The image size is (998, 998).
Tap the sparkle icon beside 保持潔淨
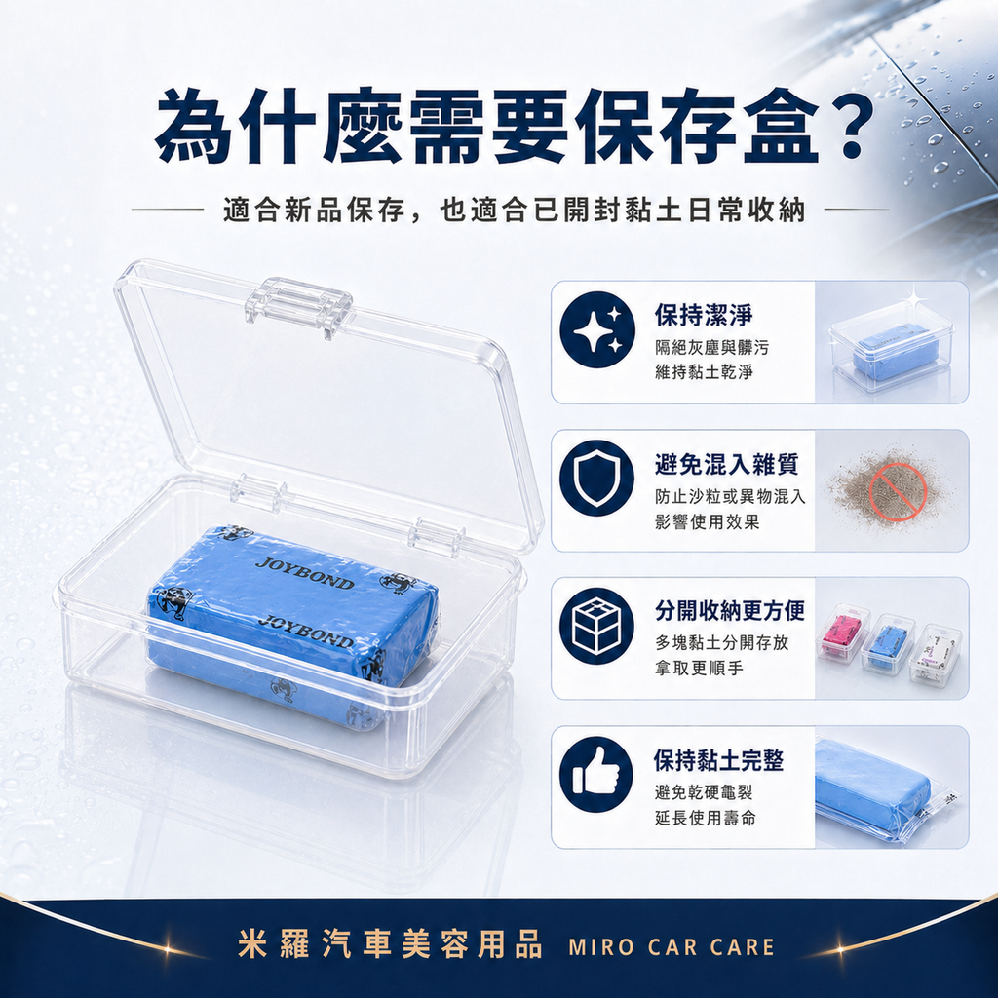[596, 329]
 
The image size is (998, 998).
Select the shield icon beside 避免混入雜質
[596, 478]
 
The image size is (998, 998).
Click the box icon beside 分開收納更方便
[596, 626]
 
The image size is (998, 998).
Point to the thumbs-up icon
[596, 774]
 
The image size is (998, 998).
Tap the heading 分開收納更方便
[730, 611]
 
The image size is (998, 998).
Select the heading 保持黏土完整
[718, 760]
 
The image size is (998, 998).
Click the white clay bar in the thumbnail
[936, 650]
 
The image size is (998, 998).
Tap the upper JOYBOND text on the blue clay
[304, 574]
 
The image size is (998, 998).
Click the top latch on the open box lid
[297, 300]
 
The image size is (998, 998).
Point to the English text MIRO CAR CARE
[671, 946]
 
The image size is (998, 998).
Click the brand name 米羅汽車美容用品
[390, 945]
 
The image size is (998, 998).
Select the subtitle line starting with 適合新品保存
[514, 211]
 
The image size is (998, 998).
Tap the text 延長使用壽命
[705, 818]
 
